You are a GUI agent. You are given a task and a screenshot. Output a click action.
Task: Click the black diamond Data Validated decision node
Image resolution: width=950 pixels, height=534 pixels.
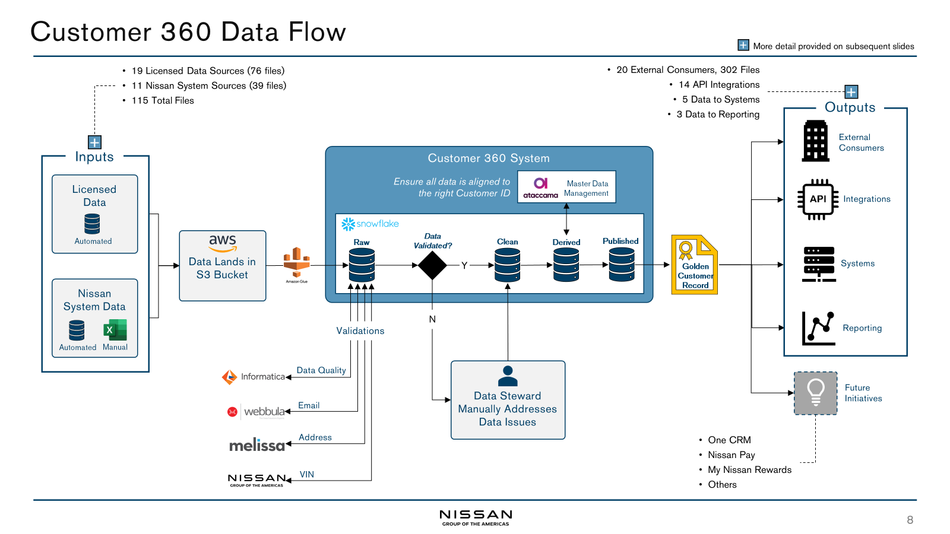(x=432, y=265)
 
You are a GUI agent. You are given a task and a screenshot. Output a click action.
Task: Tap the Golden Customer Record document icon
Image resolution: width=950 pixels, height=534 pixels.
(x=694, y=265)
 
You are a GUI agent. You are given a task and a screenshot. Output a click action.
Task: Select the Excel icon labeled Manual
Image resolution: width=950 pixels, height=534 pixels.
(x=115, y=330)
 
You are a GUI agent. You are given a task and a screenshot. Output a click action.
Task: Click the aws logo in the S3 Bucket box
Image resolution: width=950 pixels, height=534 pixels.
(x=223, y=242)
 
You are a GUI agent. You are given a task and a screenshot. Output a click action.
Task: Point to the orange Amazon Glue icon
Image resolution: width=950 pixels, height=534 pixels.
(x=296, y=262)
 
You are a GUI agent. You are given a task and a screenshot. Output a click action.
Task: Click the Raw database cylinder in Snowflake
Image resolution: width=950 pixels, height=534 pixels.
(x=362, y=265)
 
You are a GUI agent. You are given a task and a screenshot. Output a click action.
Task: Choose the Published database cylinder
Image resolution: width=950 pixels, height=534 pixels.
(x=621, y=264)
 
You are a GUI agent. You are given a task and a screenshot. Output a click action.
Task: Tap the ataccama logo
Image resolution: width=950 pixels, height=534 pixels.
(x=540, y=187)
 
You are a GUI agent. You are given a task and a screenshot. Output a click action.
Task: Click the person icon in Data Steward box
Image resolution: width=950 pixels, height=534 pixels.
(x=508, y=376)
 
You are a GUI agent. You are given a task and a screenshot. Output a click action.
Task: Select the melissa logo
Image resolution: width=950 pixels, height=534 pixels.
(x=256, y=445)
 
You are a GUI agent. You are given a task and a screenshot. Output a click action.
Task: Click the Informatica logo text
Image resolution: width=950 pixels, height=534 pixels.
(x=262, y=377)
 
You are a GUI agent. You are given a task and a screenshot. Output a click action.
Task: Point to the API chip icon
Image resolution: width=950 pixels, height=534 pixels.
(x=818, y=199)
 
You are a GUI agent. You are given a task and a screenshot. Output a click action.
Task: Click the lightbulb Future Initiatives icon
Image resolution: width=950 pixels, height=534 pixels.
(x=815, y=393)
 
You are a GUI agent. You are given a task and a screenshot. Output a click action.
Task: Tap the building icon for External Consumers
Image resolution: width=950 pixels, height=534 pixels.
(x=815, y=141)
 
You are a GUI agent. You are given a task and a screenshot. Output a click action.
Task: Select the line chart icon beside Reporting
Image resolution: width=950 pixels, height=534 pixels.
(x=818, y=328)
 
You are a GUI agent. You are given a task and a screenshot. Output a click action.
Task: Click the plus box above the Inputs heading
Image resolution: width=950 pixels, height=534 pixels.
(x=94, y=142)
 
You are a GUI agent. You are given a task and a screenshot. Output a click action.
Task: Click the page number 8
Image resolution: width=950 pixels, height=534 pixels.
(x=910, y=520)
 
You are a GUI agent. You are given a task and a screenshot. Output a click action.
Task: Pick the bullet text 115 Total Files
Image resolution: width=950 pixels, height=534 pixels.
(x=163, y=101)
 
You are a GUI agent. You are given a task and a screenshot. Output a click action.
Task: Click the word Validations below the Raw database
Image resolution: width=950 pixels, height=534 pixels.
(x=360, y=331)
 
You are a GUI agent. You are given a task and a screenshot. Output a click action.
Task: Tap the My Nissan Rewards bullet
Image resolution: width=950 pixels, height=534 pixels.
(x=749, y=470)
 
